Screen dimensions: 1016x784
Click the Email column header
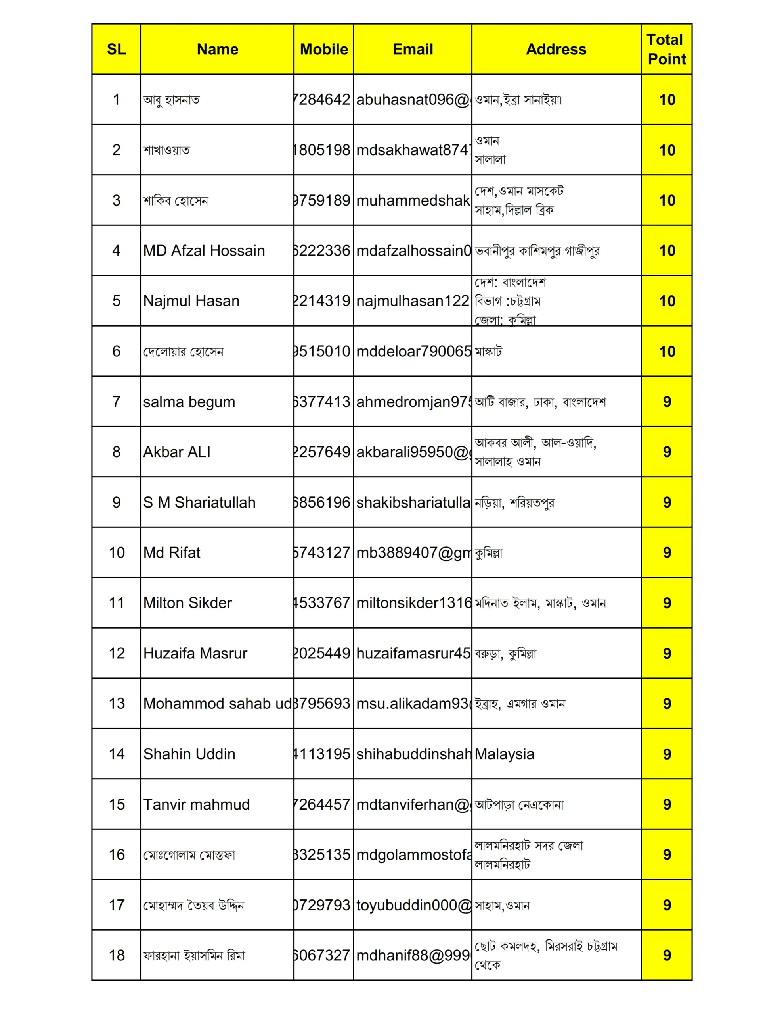(x=413, y=49)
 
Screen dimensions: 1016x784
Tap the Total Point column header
(x=666, y=49)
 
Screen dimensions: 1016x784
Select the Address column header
(x=556, y=49)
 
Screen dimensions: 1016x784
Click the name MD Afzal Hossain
(x=204, y=251)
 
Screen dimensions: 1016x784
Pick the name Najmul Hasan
(x=191, y=301)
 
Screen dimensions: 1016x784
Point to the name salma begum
(x=189, y=402)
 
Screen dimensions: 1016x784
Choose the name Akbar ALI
(x=177, y=452)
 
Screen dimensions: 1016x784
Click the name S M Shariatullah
(x=199, y=502)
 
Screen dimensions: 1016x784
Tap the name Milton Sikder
(x=187, y=603)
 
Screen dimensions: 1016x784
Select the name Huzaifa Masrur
(x=195, y=653)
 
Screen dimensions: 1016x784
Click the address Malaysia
(x=504, y=754)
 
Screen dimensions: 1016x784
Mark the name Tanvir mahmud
(x=196, y=804)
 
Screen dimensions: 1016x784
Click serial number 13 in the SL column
(x=117, y=703)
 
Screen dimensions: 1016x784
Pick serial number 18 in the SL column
(x=117, y=956)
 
